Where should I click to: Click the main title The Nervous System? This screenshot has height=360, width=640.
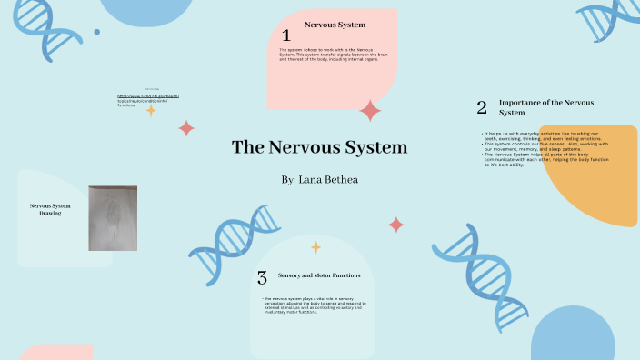(319, 147)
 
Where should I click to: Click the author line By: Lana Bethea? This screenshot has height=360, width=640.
(320, 180)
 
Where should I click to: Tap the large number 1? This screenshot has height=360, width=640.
(285, 35)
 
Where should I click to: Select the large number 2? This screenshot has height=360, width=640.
(482, 107)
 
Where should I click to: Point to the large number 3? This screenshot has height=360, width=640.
(262, 277)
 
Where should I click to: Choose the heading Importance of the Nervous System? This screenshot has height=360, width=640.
(546, 107)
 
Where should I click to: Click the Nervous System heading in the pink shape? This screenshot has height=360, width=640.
(335, 25)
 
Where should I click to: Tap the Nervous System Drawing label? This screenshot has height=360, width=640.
(50, 210)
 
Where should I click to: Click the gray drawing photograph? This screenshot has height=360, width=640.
(113, 218)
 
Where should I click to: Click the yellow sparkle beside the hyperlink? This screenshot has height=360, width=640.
(151, 110)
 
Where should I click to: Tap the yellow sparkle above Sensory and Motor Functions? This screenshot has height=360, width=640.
(315, 246)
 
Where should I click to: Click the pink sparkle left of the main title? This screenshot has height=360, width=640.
(186, 128)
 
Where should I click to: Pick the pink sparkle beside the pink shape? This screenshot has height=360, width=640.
(370, 111)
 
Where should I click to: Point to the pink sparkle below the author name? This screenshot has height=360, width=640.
(395, 225)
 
